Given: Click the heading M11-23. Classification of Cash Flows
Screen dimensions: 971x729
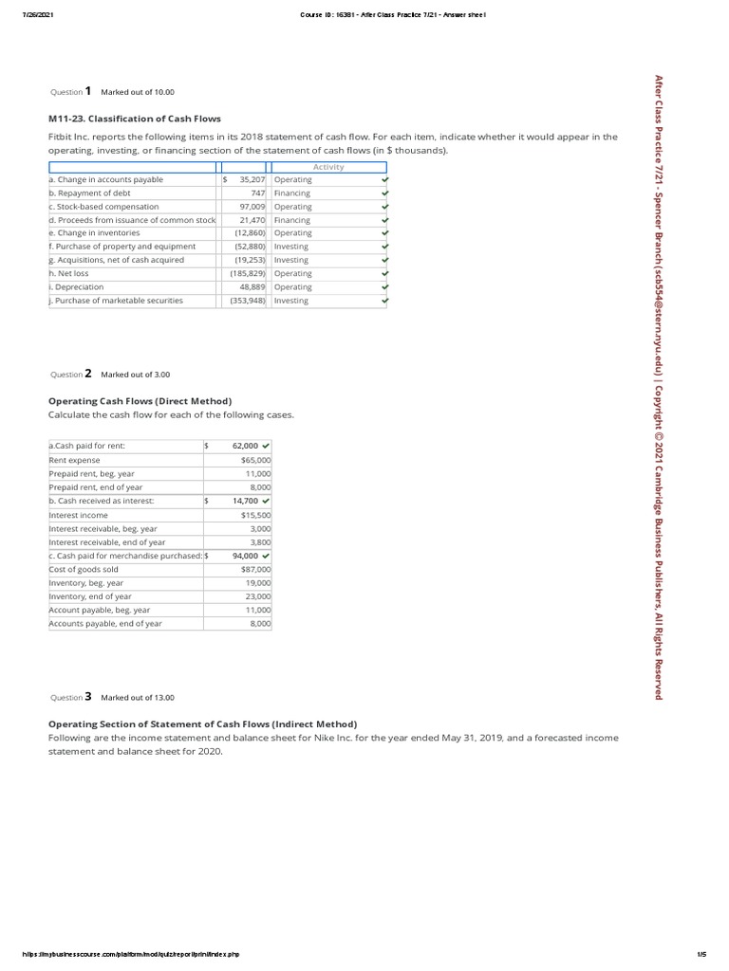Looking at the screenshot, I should coord(135,119).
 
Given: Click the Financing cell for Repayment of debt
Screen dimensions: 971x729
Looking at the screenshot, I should coord(292,192).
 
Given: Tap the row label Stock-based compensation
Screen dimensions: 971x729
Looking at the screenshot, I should coord(105,206).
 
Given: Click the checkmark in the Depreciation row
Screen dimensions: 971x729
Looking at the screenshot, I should coord(384,286).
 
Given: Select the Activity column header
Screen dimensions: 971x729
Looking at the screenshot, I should coord(328,167).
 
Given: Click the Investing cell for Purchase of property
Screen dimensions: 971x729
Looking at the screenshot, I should coord(291,247).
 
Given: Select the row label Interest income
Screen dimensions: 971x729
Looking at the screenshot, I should coord(79,515).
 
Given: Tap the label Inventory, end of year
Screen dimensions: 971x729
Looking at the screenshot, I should coord(90,596).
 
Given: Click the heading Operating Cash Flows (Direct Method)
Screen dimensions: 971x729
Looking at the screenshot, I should coord(140,401).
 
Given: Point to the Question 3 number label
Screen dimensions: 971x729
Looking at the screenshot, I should coord(87,697).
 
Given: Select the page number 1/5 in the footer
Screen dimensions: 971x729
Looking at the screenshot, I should coord(701,954).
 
